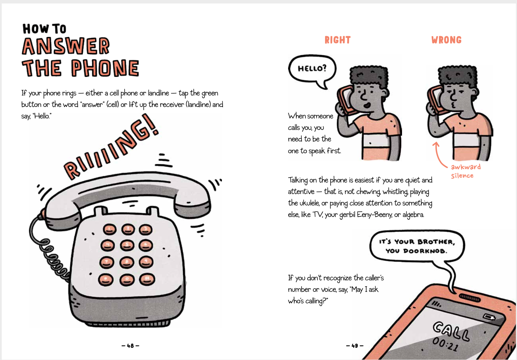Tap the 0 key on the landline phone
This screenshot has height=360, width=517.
click(127, 280)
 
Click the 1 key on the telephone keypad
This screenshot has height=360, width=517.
click(109, 229)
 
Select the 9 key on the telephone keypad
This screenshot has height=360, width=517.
click(146, 262)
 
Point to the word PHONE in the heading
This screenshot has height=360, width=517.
click(105, 68)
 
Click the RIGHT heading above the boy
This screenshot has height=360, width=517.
click(338, 40)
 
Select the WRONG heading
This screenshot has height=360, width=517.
click(446, 40)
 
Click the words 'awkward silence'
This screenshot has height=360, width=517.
click(466, 171)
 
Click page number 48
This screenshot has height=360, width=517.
click(130, 345)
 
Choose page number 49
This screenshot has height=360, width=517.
click(355, 345)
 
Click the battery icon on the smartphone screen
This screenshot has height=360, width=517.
click(489, 318)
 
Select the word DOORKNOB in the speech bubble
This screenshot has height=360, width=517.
click(425, 251)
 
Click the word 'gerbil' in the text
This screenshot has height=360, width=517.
click(347, 215)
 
